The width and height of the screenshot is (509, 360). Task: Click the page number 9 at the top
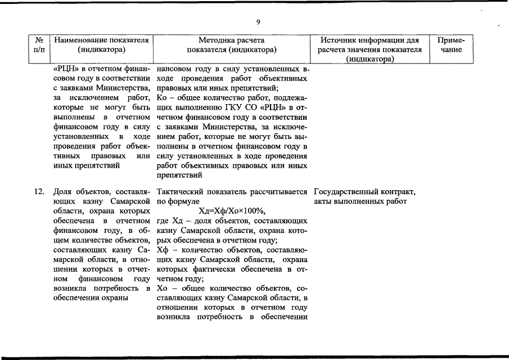(x=258, y=22)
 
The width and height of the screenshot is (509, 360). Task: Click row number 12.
(x=39, y=191)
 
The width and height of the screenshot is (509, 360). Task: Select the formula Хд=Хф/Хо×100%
(x=232, y=211)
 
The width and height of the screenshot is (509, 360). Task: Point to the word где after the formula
(x=163, y=220)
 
